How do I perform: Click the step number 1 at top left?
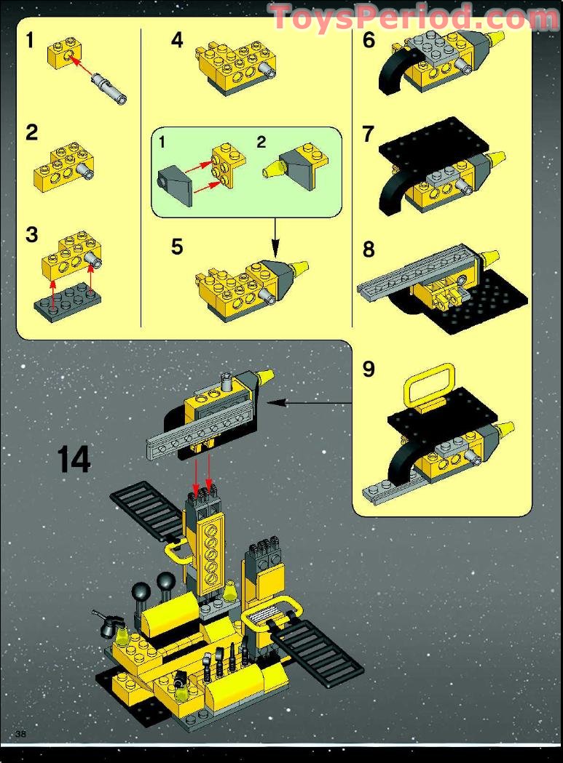(29, 41)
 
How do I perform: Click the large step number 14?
(74, 459)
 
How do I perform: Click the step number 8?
(369, 249)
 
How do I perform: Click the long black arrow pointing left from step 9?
(313, 401)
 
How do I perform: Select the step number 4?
(177, 41)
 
